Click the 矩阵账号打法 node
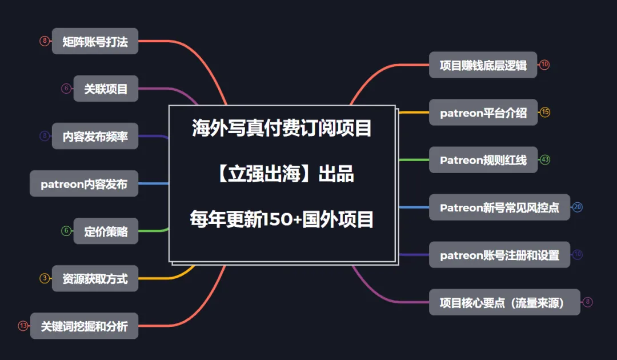(95, 41)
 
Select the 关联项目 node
(106, 89)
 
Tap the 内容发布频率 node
(95, 136)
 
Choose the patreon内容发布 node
(84, 183)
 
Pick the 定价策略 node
(106, 231)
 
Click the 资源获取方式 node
(95, 278)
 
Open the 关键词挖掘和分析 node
(84, 326)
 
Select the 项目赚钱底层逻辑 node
(483, 65)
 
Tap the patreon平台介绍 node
(483, 112)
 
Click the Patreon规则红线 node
(483, 159)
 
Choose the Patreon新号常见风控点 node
(499, 207)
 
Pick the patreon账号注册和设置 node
(499, 254)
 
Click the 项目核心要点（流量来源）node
(504, 302)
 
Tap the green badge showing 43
(545, 159)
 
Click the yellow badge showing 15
(545, 112)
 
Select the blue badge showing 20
(578, 207)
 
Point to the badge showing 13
(23, 326)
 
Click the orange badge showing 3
(45, 278)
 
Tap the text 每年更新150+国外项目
(282, 219)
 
